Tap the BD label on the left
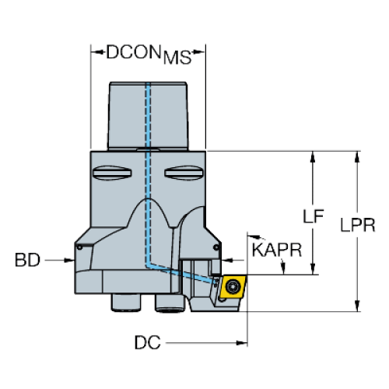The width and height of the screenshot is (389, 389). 27,260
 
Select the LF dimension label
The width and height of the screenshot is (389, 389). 314,216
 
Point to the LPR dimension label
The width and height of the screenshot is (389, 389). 358,225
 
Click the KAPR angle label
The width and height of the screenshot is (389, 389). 277,250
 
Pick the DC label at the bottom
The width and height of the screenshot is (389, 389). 147,342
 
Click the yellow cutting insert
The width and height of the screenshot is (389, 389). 233,287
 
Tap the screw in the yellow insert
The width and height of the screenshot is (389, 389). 232,286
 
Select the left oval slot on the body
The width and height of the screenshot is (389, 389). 112,173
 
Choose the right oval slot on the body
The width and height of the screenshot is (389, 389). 184,173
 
